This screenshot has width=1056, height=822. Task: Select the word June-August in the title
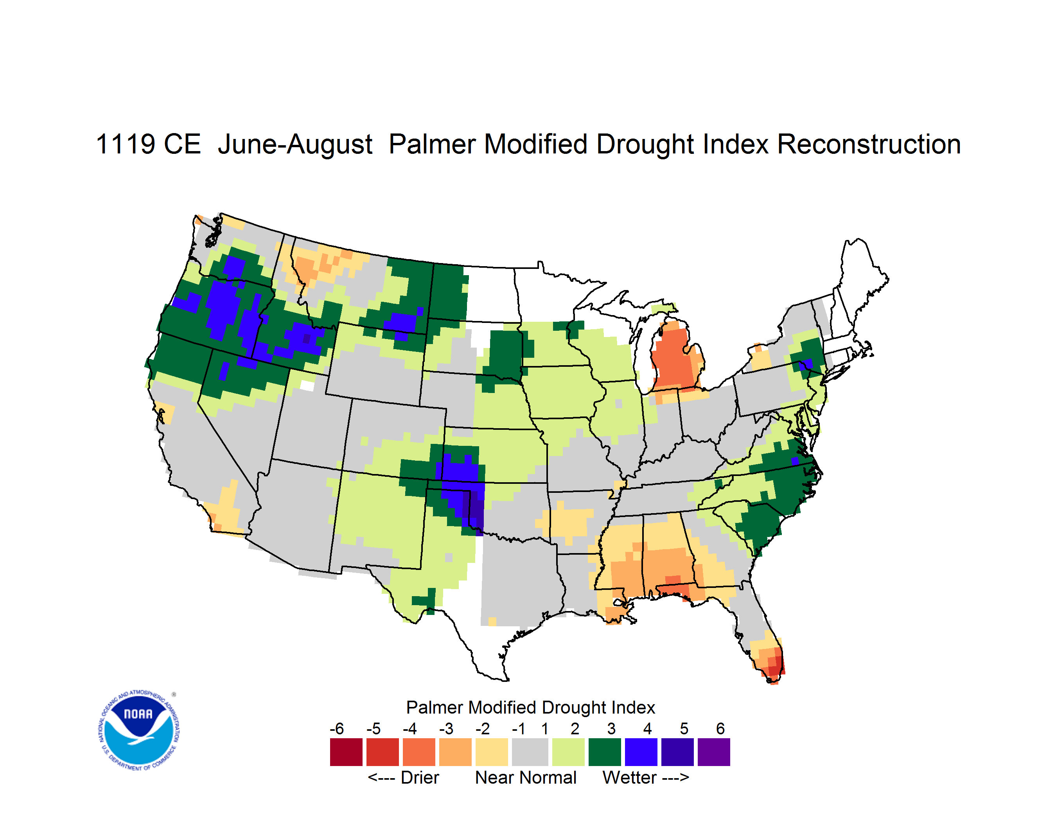[295, 145]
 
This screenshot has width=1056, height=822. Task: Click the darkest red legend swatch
[346, 752]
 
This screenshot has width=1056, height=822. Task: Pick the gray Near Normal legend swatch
[530, 752]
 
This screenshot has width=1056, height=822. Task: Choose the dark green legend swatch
[604, 752]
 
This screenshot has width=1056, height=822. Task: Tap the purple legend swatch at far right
[714, 752]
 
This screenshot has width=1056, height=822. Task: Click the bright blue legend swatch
[641, 752]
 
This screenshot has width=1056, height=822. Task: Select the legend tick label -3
[446, 728]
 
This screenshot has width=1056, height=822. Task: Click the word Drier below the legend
[420, 777]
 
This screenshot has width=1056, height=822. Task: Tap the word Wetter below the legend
[630, 777]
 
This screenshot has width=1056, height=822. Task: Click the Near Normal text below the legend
[526, 777]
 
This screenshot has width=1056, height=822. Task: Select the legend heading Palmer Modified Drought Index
[530, 707]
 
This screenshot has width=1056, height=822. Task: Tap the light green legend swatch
[568, 752]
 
